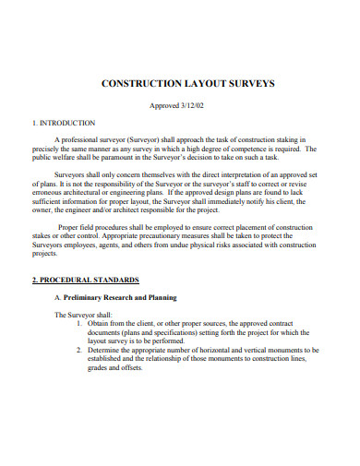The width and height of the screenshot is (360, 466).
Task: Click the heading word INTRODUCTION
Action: (x=67, y=122)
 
